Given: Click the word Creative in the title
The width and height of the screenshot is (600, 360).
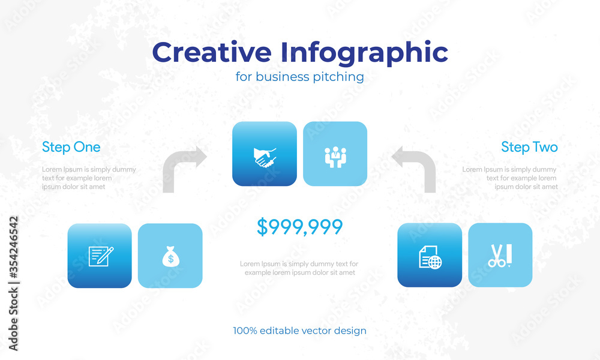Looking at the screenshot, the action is coord(212,52).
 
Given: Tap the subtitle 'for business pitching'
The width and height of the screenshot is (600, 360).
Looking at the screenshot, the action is coord(299,77).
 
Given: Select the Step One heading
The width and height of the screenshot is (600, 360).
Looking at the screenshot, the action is coord(71,147).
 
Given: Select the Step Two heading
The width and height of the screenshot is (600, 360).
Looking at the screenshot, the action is coord(529,147).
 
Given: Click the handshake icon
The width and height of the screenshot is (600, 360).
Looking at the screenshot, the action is coord(265,157).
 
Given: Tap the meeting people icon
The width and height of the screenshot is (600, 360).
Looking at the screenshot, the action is coord(335,157).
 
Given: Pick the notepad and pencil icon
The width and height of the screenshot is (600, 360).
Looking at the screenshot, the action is coord(101,256).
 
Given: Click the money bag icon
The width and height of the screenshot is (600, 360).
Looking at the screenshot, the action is coord(170,256).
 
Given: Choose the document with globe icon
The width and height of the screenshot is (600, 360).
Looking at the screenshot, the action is coord(430,257).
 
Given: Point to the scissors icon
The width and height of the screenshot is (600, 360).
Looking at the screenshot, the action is coord(500,256).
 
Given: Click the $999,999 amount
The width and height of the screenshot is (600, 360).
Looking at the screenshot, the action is coord(299,226).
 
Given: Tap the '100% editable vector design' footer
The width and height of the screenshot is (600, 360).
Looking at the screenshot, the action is coord(299,331).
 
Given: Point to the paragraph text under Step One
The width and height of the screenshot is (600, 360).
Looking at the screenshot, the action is coord(89,178).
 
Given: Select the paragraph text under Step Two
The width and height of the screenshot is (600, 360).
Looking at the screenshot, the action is coord(509,178).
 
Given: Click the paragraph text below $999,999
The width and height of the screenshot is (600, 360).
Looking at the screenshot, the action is coord(299,268).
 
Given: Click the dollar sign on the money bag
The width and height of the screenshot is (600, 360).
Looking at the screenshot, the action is coord(170,259).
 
